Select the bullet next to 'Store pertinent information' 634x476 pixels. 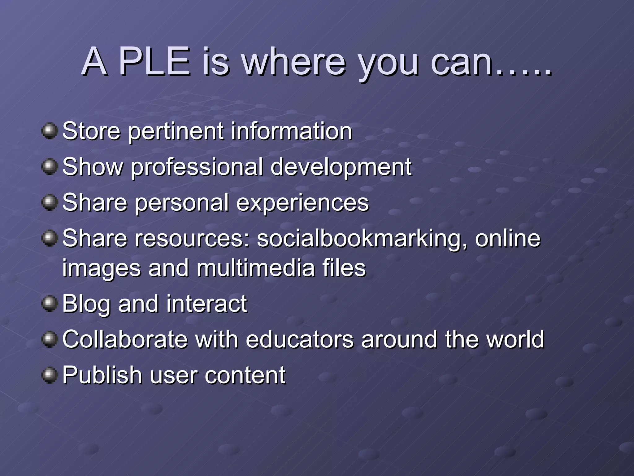tap(50, 131)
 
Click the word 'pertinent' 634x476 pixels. tap(176, 131)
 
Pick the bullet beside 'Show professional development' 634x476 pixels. tap(50, 167)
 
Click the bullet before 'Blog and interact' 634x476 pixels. tap(50, 303)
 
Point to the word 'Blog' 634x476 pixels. tap(86, 304)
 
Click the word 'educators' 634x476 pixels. tap(300, 339)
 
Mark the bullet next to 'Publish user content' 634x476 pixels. tap(50, 375)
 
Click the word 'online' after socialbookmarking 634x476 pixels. tap(508, 238)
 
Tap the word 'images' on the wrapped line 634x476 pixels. tap(102, 268)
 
